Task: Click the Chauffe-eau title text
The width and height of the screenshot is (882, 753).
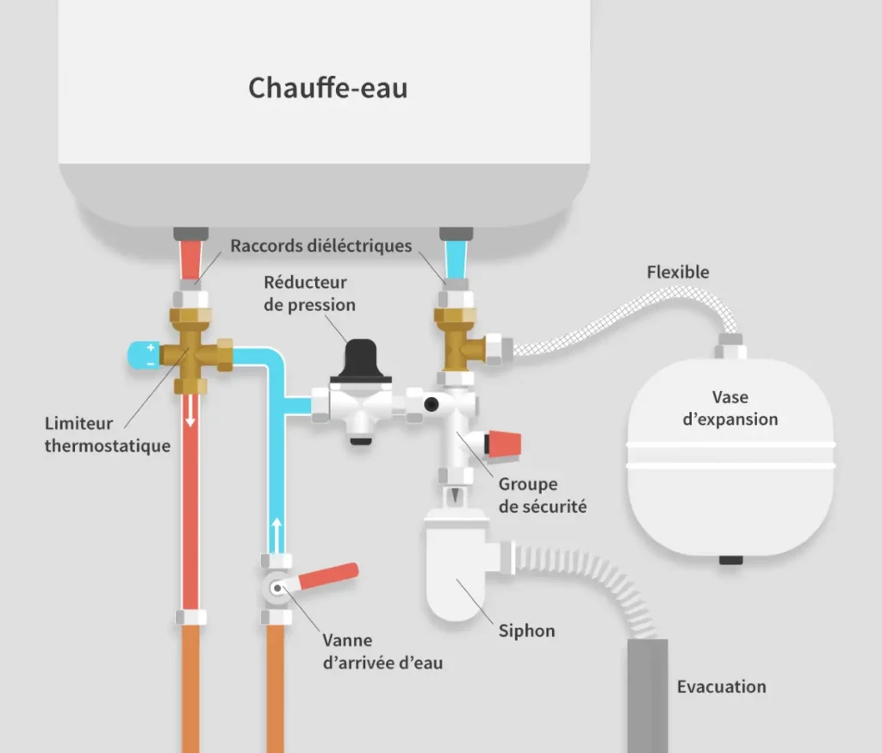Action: (x=327, y=88)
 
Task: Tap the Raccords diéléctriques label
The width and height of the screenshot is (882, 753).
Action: (x=320, y=246)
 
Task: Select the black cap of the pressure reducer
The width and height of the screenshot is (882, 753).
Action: (x=362, y=362)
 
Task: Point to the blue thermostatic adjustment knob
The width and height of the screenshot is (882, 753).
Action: (x=143, y=354)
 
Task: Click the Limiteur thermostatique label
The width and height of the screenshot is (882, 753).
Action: (x=107, y=434)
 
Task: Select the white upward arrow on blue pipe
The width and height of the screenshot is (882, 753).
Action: (x=276, y=532)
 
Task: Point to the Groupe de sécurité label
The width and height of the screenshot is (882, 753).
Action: (x=542, y=495)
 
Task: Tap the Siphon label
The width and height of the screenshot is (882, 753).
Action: (x=526, y=631)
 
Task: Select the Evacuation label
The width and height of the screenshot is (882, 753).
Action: (x=721, y=687)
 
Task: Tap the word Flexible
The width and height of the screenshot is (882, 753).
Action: (x=678, y=272)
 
